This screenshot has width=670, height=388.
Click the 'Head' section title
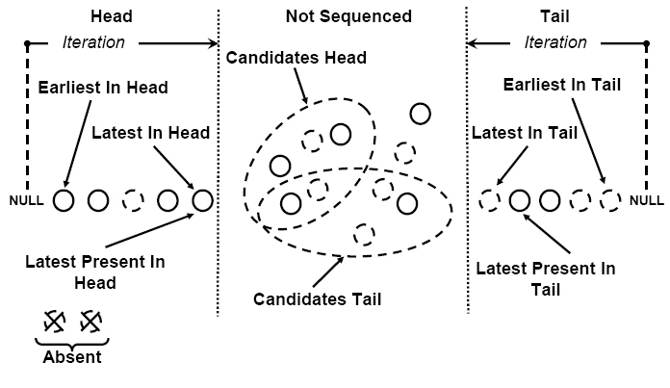tap(110, 16)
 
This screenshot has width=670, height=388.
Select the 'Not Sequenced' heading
tap(348, 16)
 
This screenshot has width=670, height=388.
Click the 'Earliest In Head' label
tap(103, 88)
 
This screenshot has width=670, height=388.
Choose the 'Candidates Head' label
tap(296, 58)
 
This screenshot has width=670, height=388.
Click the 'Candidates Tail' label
tap(317, 298)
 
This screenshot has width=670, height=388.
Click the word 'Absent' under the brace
tap(73, 357)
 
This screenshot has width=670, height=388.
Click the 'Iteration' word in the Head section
tap(93, 41)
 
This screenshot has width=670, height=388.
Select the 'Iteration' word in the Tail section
tap(555, 41)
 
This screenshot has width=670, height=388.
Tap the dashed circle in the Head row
tap(133, 200)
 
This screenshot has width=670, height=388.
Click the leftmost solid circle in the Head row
tap(64, 200)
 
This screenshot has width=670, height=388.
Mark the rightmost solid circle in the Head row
tap(202, 200)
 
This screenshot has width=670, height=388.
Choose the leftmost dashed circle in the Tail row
tap(490, 200)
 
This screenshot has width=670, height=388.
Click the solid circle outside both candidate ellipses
tap(420, 114)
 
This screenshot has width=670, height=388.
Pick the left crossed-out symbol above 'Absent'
tap(55, 321)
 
